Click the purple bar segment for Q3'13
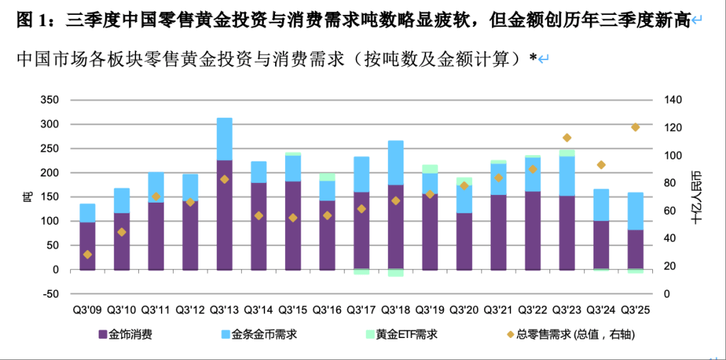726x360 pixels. pyautogui.click(x=224, y=215)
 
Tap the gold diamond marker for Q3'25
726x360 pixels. pyautogui.click(x=635, y=128)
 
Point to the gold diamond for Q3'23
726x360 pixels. pyautogui.click(x=566, y=137)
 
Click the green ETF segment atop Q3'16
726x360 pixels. pyautogui.click(x=327, y=176)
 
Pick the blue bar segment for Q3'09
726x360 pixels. pyautogui.click(x=87, y=213)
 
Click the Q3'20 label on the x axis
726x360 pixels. pyautogui.click(x=464, y=310)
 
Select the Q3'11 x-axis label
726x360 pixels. pyautogui.click(x=156, y=310)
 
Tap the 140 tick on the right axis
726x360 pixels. pyautogui.click(x=672, y=100)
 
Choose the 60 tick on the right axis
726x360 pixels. pyautogui.click(x=669, y=211)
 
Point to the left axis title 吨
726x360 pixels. pyautogui.click(x=28, y=197)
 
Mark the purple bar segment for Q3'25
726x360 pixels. pyautogui.click(x=635, y=249)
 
